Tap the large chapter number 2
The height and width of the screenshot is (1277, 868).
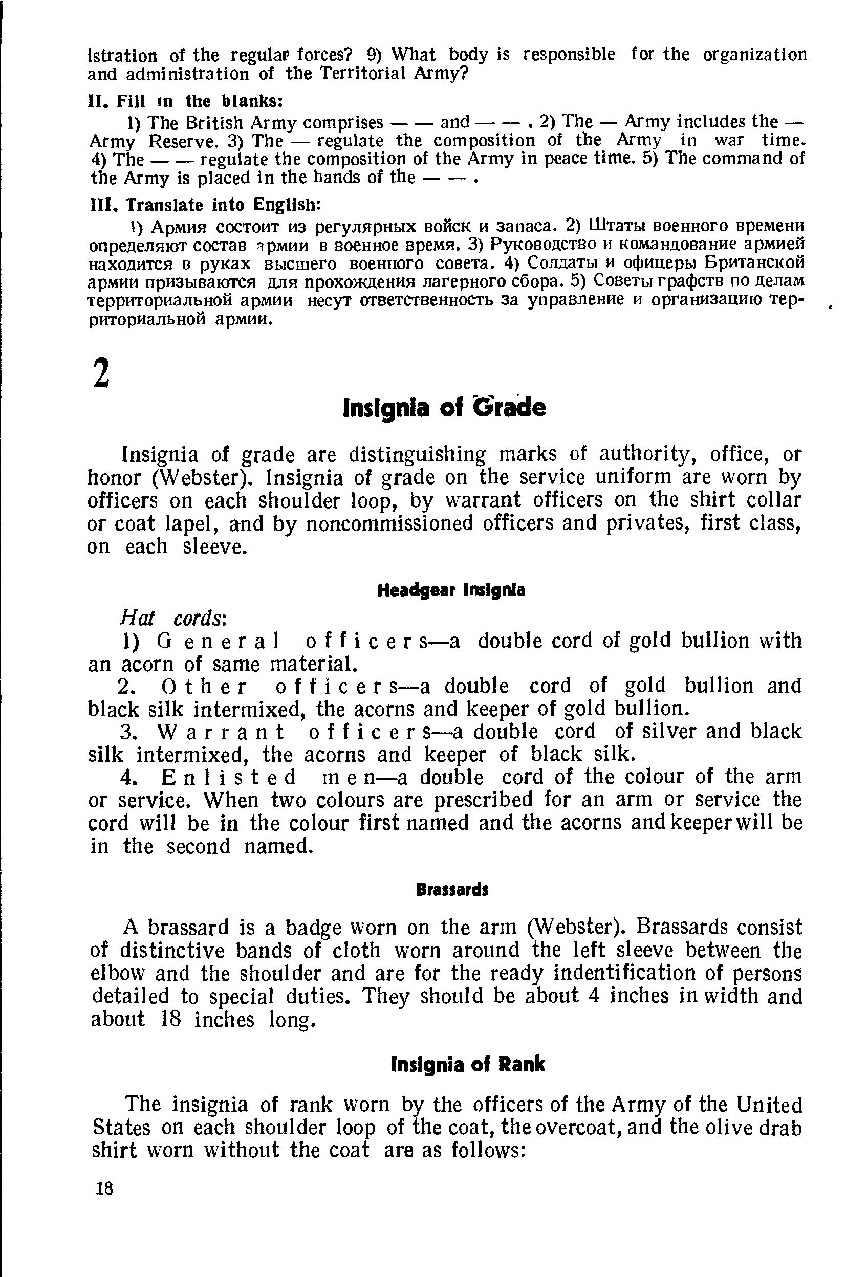click(101, 373)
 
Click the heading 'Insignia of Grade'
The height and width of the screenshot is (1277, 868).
click(444, 408)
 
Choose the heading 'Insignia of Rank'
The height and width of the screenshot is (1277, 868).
click(467, 1064)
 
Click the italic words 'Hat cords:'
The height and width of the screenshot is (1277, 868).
click(172, 618)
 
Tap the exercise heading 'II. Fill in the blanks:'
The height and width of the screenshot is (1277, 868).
click(186, 101)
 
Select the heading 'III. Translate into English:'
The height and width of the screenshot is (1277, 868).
click(205, 205)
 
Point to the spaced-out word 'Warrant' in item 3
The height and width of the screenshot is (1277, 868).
click(221, 732)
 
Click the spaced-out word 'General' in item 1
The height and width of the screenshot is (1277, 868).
click(218, 641)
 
